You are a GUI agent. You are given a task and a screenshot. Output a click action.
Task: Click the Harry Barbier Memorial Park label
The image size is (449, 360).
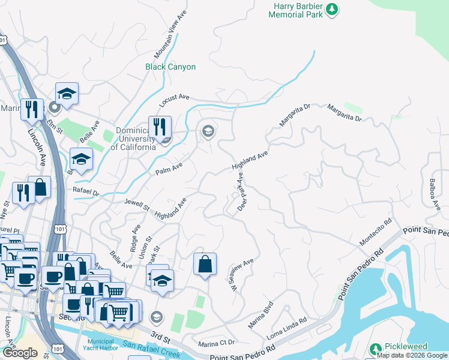coord(295,10)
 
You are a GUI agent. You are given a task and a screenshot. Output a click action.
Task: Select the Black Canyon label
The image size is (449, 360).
coord(170,67)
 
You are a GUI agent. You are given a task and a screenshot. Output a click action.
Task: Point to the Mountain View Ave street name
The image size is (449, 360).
coord(167,45)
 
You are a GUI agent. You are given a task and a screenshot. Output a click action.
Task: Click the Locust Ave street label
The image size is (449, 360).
coord(174,97)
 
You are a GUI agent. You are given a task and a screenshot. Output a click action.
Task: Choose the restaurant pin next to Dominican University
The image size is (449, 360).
coord(160,127)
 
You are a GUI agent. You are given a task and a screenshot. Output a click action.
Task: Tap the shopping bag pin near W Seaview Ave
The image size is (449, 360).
coord(205,264)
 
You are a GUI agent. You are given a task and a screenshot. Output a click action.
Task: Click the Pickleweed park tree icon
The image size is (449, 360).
coord(376,348)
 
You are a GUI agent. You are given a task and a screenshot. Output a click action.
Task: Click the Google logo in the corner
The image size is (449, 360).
coord(20,353)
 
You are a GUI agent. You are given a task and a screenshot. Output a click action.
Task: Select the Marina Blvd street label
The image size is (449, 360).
coord(262,317)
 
